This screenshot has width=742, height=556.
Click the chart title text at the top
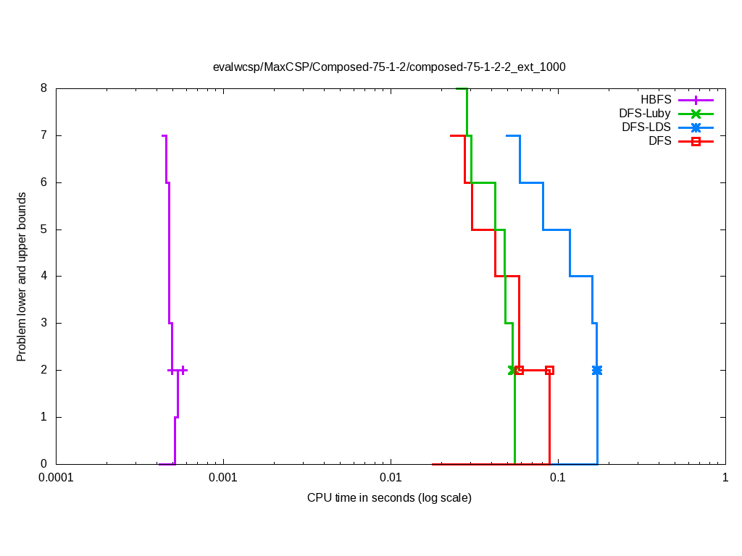click(x=389, y=67)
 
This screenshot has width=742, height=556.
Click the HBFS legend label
click(x=656, y=100)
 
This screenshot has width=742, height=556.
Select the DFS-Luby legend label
click(x=645, y=114)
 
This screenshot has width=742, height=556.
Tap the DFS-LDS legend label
click(x=646, y=127)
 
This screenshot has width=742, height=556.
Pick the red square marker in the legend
click(x=696, y=141)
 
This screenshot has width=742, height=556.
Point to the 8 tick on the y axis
click(x=43, y=88)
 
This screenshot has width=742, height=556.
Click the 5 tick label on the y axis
click(x=43, y=229)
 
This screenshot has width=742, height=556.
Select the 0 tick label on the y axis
click(x=43, y=464)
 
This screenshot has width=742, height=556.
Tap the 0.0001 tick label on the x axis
click(x=56, y=479)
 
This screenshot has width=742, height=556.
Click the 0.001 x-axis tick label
click(x=223, y=479)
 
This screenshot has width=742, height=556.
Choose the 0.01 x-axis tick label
click(x=391, y=479)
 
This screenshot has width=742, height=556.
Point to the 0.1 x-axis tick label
click(x=558, y=479)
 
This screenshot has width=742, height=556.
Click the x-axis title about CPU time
click(x=389, y=498)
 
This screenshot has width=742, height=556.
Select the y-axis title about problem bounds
click(x=22, y=277)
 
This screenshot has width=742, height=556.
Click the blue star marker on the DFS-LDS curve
click(x=597, y=370)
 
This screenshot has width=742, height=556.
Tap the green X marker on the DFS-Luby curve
click(x=513, y=370)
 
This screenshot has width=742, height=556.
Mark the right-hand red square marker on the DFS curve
click(x=549, y=370)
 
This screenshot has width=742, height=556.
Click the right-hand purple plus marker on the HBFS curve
click(x=183, y=370)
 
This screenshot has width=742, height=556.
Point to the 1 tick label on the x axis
click(x=725, y=479)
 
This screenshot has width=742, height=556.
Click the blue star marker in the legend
click(x=696, y=127)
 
